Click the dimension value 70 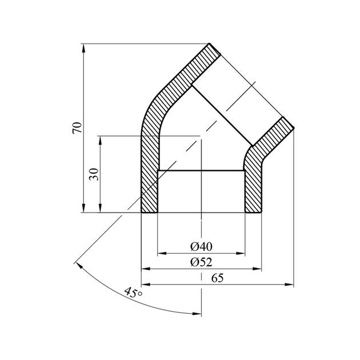78,127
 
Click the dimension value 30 95,174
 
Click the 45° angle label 133,293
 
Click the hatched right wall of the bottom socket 253,191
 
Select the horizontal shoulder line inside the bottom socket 201,170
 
